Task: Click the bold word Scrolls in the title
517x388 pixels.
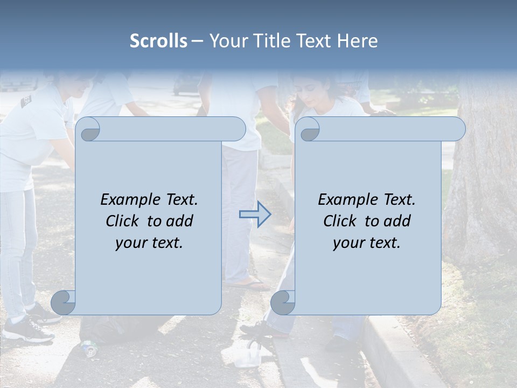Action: point(158,41)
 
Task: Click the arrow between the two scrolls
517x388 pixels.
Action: point(255,214)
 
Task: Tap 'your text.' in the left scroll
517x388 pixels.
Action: point(149,242)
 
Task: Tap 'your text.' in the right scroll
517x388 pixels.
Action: point(367,242)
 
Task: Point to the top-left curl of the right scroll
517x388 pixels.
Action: point(309,129)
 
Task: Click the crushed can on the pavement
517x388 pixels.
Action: point(89,348)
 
